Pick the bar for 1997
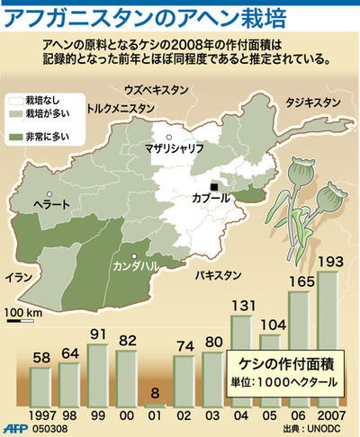coord(41,382)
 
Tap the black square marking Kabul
coord(214,186)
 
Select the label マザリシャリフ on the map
coord(174,148)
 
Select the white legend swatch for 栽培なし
coord(16,103)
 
